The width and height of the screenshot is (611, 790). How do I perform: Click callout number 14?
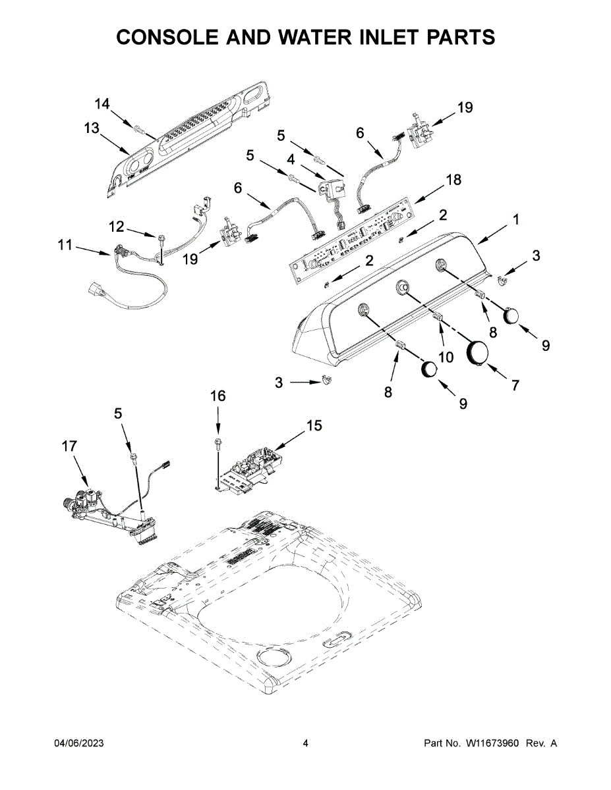point(102,104)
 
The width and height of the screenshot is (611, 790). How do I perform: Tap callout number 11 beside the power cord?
point(65,246)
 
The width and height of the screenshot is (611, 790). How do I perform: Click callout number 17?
point(69,446)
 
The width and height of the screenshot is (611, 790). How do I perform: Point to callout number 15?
point(314,426)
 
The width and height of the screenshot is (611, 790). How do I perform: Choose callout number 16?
point(218,396)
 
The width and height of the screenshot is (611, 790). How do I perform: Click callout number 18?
point(453,179)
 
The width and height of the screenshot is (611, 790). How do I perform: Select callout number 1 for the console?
point(516,220)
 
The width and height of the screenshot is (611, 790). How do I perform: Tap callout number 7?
point(515,385)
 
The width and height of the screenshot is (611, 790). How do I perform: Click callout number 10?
point(446,357)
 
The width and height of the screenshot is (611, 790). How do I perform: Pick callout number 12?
point(116,226)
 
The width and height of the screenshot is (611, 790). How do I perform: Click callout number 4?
point(291,159)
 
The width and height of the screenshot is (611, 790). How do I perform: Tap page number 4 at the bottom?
point(305,743)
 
